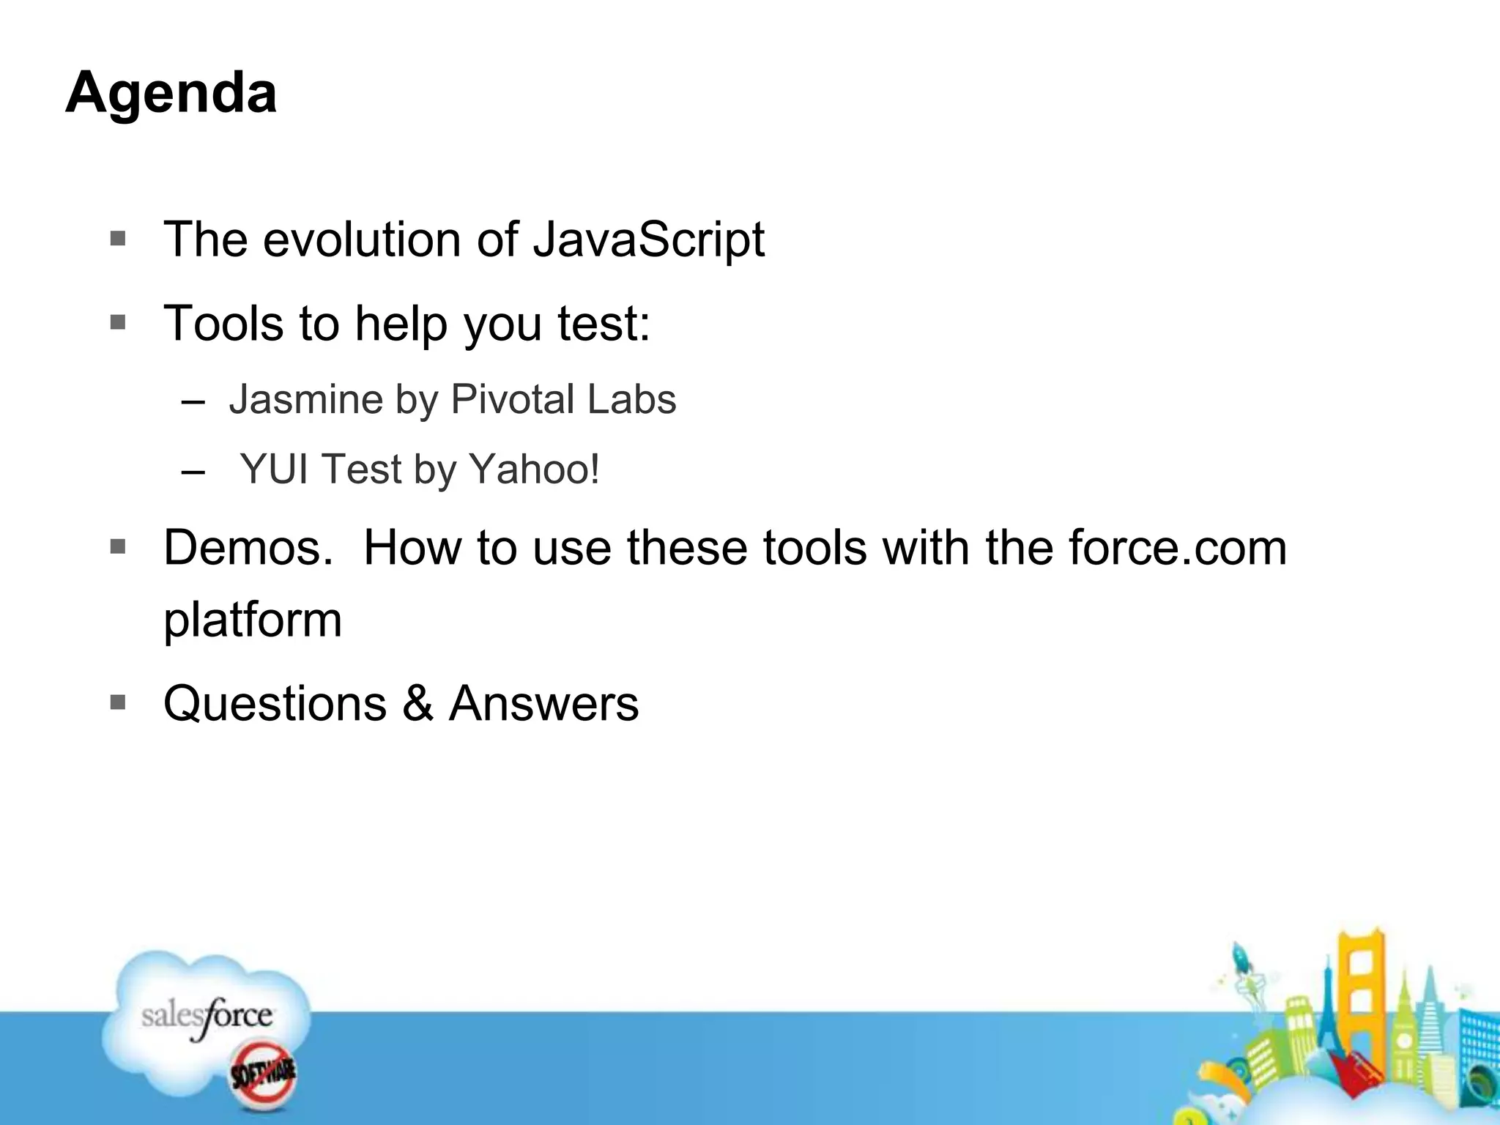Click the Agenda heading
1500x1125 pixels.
click(171, 93)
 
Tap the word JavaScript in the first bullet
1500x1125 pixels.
click(648, 240)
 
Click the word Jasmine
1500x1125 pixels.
click(305, 400)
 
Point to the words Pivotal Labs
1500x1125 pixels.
click(563, 400)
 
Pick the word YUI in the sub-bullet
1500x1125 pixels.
click(274, 469)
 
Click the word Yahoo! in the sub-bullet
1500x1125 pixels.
click(534, 469)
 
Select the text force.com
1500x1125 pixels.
click(1177, 548)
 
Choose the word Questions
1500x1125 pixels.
click(275, 704)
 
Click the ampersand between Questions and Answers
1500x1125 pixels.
click(417, 704)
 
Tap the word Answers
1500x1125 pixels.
click(543, 704)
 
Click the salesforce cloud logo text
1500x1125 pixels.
click(207, 1017)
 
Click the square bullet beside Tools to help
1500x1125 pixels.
click(118, 322)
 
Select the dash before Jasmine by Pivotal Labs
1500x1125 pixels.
click(193, 402)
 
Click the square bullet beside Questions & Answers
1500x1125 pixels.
click(118, 702)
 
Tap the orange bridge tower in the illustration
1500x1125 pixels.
click(1361, 981)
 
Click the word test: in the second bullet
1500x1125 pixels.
click(604, 324)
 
